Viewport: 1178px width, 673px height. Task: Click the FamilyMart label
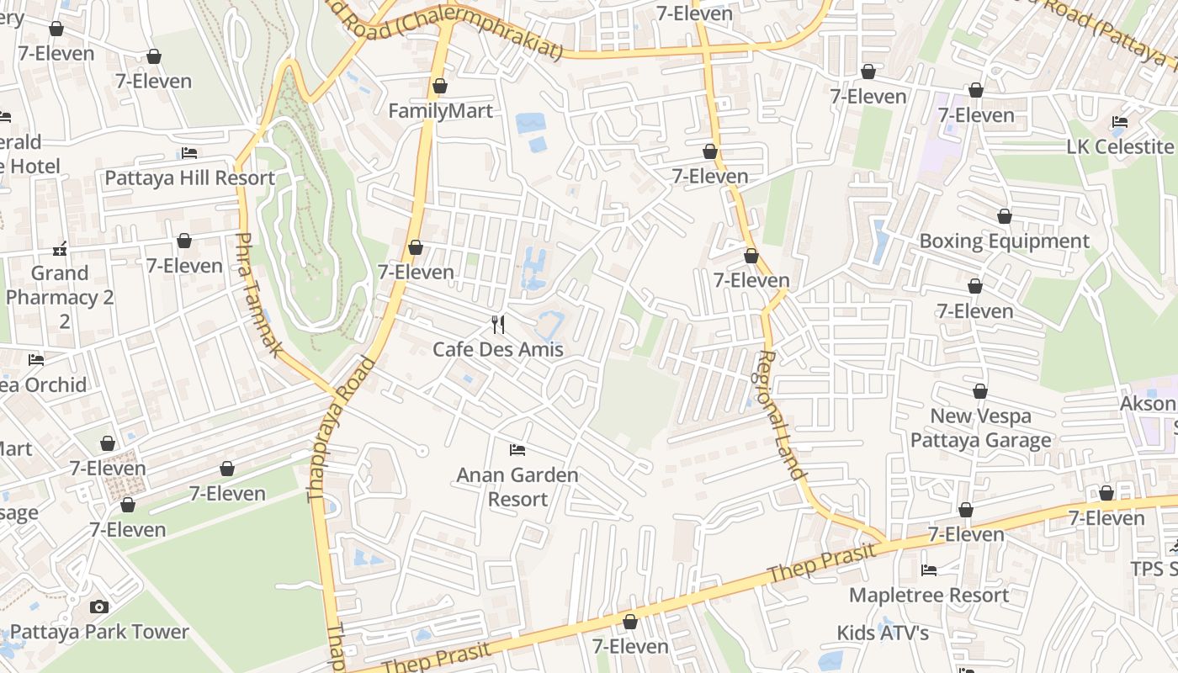pyautogui.click(x=440, y=111)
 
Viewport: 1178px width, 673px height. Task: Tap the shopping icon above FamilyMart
pyautogui.click(x=439, y=87)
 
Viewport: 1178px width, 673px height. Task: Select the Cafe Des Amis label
pyautogui.click(x=497, y=349)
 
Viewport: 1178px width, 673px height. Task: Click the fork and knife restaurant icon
pyautogui.click(x=498, y=325)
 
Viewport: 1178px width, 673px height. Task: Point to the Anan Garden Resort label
pyautogui.click(x=517, y=487)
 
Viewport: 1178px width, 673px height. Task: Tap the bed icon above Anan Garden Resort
pyautogui.click(x=517, y=451)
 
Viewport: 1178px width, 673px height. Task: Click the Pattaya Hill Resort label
pyautogui.click(x=189, y=178)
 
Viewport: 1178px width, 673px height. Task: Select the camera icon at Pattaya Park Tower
pyautogui.click(x=99, y=607)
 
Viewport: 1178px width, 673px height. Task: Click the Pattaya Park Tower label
pyautogui.click(x=99, y=632)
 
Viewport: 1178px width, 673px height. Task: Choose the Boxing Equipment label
pyautogui.click(x=1004, y=241)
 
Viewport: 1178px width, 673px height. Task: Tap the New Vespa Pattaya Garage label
pyautogui.click(x=980, y=428)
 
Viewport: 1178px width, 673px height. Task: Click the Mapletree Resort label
pyautogui.click(x=929, y=596)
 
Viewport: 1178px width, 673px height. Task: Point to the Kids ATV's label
pyautogui.click(x=883, y=633)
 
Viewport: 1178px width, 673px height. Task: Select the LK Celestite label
pyautogui.click(x=1119, y=147)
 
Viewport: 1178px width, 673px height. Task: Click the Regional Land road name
pyautogui.click(x=779, y=415)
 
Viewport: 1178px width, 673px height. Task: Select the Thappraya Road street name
pyautogui.click(x=341, y=430)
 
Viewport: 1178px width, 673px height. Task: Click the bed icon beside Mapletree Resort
pyautogui.click(x=929, y=570)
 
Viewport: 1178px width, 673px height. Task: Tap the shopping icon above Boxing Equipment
pyautogui.click(x=1004, y=217)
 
